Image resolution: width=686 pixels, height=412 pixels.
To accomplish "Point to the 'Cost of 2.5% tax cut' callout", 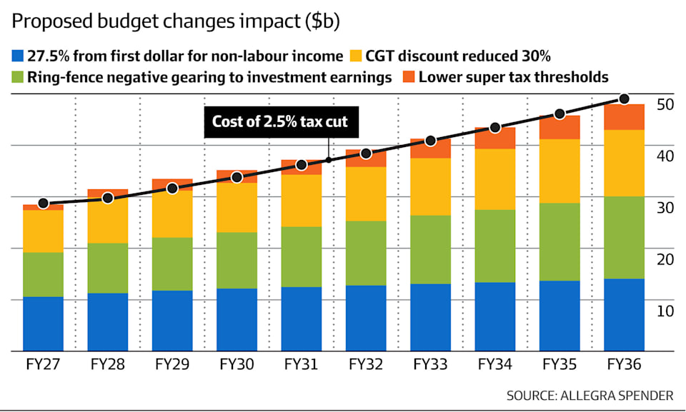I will click(280, 121).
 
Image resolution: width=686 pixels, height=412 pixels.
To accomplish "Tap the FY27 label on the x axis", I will click(42, 364).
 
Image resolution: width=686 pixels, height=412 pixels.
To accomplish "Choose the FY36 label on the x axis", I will click(624, 364).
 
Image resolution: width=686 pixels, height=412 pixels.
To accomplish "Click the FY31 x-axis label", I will click(301, 364).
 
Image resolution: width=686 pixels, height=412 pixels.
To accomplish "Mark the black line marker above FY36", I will click(624, 99).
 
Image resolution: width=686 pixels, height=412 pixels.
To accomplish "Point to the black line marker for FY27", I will click(43, 204).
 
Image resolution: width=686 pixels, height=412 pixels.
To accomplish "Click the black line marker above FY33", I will click(430, 141).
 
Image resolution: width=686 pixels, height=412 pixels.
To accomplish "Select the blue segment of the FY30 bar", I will click(237, 320).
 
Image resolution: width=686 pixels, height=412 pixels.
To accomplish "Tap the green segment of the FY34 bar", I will click(494, 246).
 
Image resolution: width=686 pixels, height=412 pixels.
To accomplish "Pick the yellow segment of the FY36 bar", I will click(624, 163).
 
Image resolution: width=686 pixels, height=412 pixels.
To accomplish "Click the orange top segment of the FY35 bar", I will click(559, 127).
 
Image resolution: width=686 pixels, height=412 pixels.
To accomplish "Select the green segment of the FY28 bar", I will click(107, 268).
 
